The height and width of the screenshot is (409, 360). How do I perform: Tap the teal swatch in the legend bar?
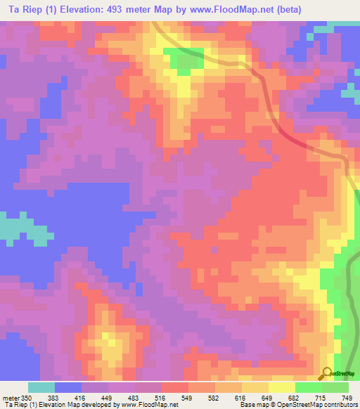41,387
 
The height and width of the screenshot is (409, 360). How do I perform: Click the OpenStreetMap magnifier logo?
327,373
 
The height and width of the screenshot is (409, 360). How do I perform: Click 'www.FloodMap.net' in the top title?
229,9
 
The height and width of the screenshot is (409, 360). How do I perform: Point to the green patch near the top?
184,60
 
